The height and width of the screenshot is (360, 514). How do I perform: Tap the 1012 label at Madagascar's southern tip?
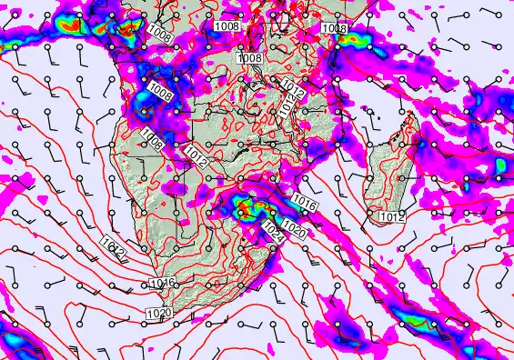(x=391, y=217)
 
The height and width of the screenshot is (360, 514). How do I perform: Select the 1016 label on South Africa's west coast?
(x=162, y=284)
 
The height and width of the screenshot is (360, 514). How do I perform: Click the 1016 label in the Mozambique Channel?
(x=306, y=206)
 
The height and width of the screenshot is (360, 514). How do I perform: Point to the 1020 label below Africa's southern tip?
(x=157, y=314)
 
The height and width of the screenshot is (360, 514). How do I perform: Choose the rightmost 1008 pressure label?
(x=334, y=29)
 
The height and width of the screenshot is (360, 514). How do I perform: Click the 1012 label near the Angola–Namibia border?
(x=197, y=155)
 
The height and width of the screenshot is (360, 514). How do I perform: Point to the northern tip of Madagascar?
(x=415, y=119)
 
